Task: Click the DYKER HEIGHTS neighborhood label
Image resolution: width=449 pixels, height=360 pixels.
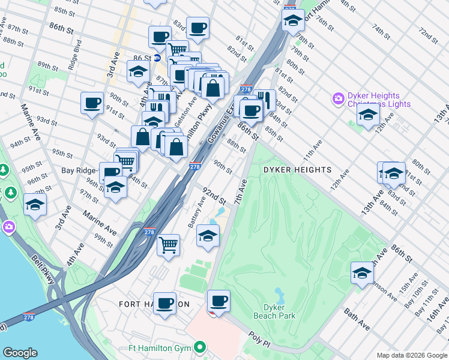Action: [x=298, y=170]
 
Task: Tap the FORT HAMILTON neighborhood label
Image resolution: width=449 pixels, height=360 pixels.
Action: [x=154, y=304]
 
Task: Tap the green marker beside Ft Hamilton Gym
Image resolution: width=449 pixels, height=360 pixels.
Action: [x=201, y=347]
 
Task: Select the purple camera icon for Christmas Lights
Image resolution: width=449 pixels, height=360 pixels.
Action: [x=339, y=98]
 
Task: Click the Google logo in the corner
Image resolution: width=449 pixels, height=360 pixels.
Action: [x=20, y=353]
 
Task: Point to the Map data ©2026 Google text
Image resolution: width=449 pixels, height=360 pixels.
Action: [x=412, y=355]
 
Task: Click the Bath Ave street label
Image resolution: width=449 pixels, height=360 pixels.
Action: [x=357, y=319]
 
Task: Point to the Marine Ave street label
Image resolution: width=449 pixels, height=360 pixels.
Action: [x=100, y=223]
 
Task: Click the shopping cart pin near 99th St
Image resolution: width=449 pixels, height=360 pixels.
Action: [x=169, y=245]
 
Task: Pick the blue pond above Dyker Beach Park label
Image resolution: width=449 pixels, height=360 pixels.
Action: [x=279, y=294]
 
